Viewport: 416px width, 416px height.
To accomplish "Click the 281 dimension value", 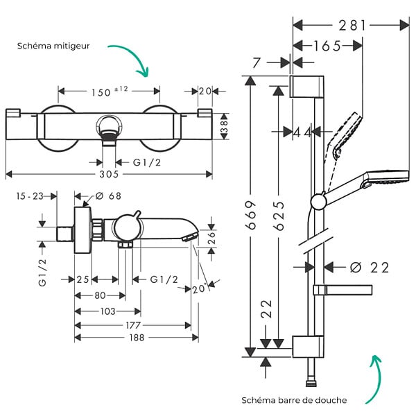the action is pyautogui.click(x=352, y=26).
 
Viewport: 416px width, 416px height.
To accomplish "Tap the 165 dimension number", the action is pyautogui.click(x=327, y=46).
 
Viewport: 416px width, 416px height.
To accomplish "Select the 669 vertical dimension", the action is pyautogui.click(x=251, y=215).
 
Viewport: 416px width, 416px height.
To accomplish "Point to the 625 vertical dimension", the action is pyautogui.click(x=279, y=216).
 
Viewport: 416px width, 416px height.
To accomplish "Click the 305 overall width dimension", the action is pyautogui.click(x=109, y=174).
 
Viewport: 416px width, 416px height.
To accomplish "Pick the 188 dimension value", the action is pyautogui.click(x=137, y=338).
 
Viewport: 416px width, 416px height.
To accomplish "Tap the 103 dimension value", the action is pyautogui.click(x=107, y=311).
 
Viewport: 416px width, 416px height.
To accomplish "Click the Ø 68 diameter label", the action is pyautogui.click(x=108, y=196).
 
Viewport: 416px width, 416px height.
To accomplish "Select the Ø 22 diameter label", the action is pyautogui.click(x=370, y=268).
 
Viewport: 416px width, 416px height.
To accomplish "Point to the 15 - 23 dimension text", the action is pyautogui.click(x=30, y=196).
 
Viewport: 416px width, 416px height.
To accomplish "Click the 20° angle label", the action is pyautogui.click(x=199, y=288).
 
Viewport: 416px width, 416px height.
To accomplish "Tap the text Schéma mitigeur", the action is pyautogui.click(x=53, y=46).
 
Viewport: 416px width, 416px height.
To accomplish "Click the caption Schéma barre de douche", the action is pyautogui.click(x=294, y=400).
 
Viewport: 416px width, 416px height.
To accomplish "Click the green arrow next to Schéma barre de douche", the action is pyautogui.click(x=376, y=380).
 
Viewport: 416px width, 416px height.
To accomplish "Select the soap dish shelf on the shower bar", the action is pyautogui.click(x=343, y=291).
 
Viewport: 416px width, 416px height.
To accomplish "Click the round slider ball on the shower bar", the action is pyautogui.click(x=318, y=202).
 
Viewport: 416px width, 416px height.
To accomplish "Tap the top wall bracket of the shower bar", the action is pyautogui.click(x=306, y=87).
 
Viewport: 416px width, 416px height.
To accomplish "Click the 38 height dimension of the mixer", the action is pyautogui.click(x=225, y=127).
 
